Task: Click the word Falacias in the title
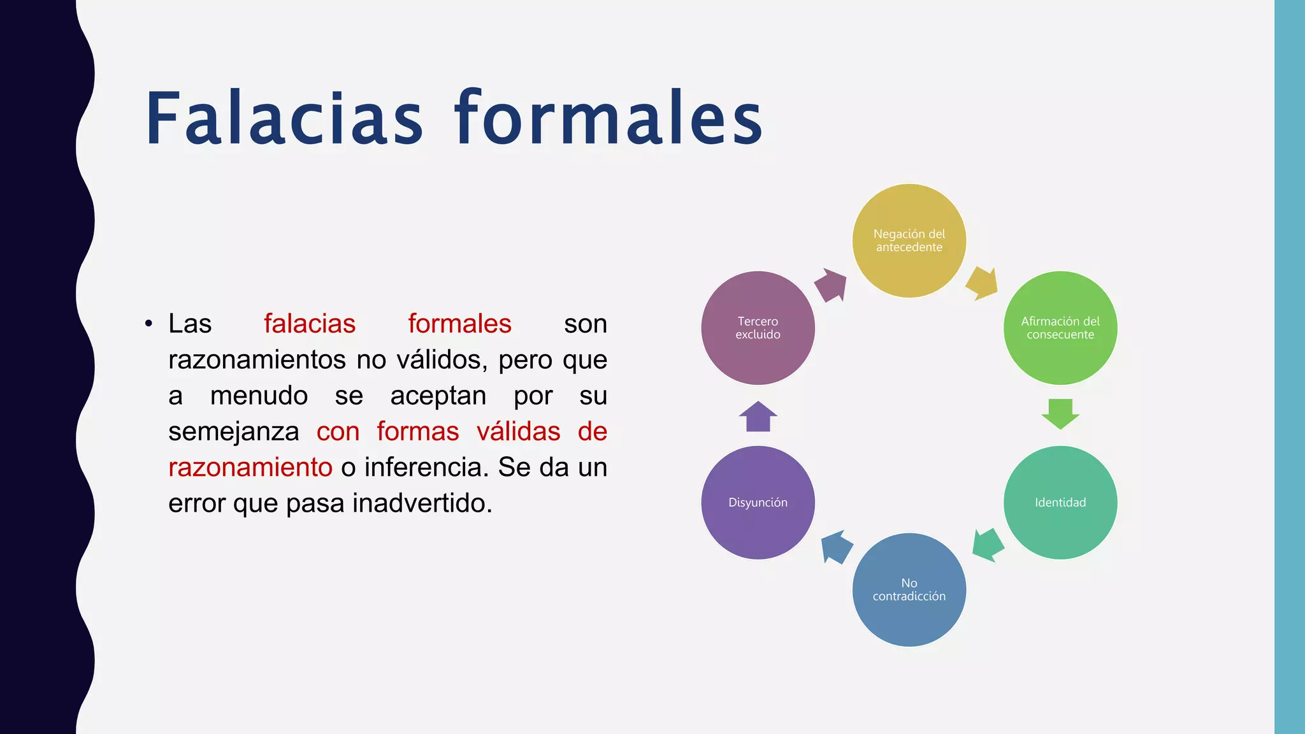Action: [284, 119]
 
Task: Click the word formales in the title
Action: [609, 119]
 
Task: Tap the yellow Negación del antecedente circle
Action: [909, 241]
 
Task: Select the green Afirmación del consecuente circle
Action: [1060, 328]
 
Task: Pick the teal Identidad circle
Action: [1060, 503]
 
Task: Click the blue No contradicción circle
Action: [909, 590]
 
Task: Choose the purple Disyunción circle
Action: [758, 503]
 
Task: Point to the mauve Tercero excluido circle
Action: [758, 328]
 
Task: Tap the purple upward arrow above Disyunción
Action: [758, 417]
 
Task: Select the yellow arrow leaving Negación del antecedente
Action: [982, 284]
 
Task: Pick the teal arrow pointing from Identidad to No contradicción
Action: [988, 545]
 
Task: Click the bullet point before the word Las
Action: [148, 324]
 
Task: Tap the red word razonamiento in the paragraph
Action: [250, 467]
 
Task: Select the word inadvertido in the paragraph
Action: [422, 503]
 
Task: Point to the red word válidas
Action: [519, 431]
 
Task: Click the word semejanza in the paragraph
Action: [234, 431]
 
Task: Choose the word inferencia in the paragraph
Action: [426, 467]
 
